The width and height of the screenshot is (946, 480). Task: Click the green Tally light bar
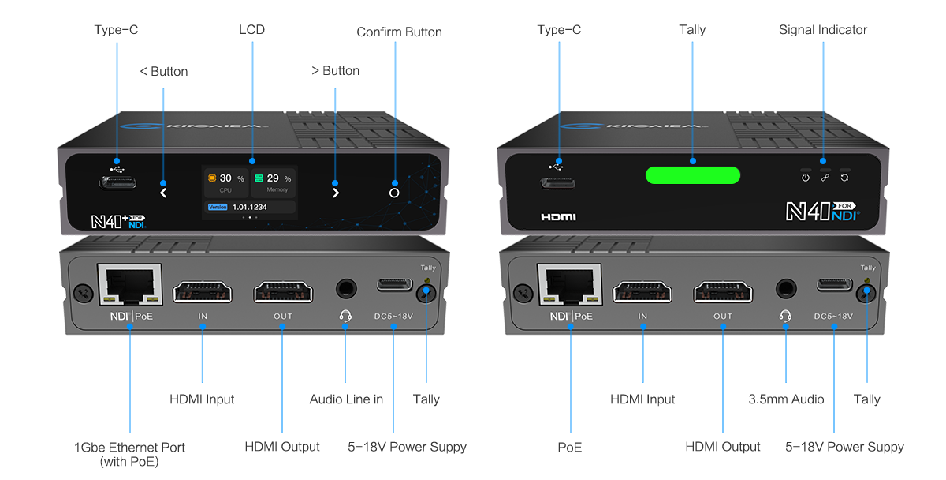pyautogui.click(x=693, y=175)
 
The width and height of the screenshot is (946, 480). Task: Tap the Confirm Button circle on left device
pyautogui.click(x=394, y=193)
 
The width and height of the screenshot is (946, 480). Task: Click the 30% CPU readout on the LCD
pyautogui.click(x=225, y=179)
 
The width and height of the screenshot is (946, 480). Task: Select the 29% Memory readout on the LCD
pyautogui.click(x=273, y=179)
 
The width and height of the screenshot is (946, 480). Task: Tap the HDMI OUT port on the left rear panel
pyautogui.click(x=282, y=291)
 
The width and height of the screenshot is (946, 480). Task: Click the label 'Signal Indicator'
pyautogui.click(x=823, y=30)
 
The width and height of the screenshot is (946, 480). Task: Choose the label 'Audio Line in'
pyautogui.click(x=346, y=399)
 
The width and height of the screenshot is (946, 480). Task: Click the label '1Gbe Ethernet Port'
pyautogui.click(x=129, y=448)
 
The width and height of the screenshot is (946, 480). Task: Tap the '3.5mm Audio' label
pyautogui.click(x=786, y=399)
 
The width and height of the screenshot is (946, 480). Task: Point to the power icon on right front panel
pyautogui.click(x=806, y=178)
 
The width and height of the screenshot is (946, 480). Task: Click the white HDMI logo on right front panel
pyautogui.click(x=558, y=216)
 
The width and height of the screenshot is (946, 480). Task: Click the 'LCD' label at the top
pyautogui.click(x=252, y=30)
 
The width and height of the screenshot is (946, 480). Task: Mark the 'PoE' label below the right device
pyautogui.click(x=569, y=448)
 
